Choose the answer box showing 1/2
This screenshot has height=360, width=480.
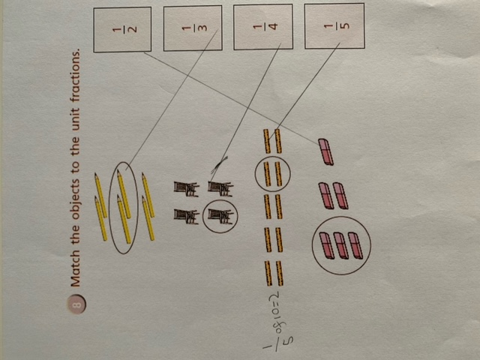click(122, 30)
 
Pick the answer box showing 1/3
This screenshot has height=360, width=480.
click(193, 28)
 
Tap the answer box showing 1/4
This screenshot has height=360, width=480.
click(263, 27)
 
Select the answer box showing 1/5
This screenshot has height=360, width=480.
click(334, 25)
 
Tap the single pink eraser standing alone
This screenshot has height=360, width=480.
click(326, 151)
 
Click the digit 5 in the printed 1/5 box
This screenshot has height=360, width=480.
click(345, 25)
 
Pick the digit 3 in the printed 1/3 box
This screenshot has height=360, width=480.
click(203, 28)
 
